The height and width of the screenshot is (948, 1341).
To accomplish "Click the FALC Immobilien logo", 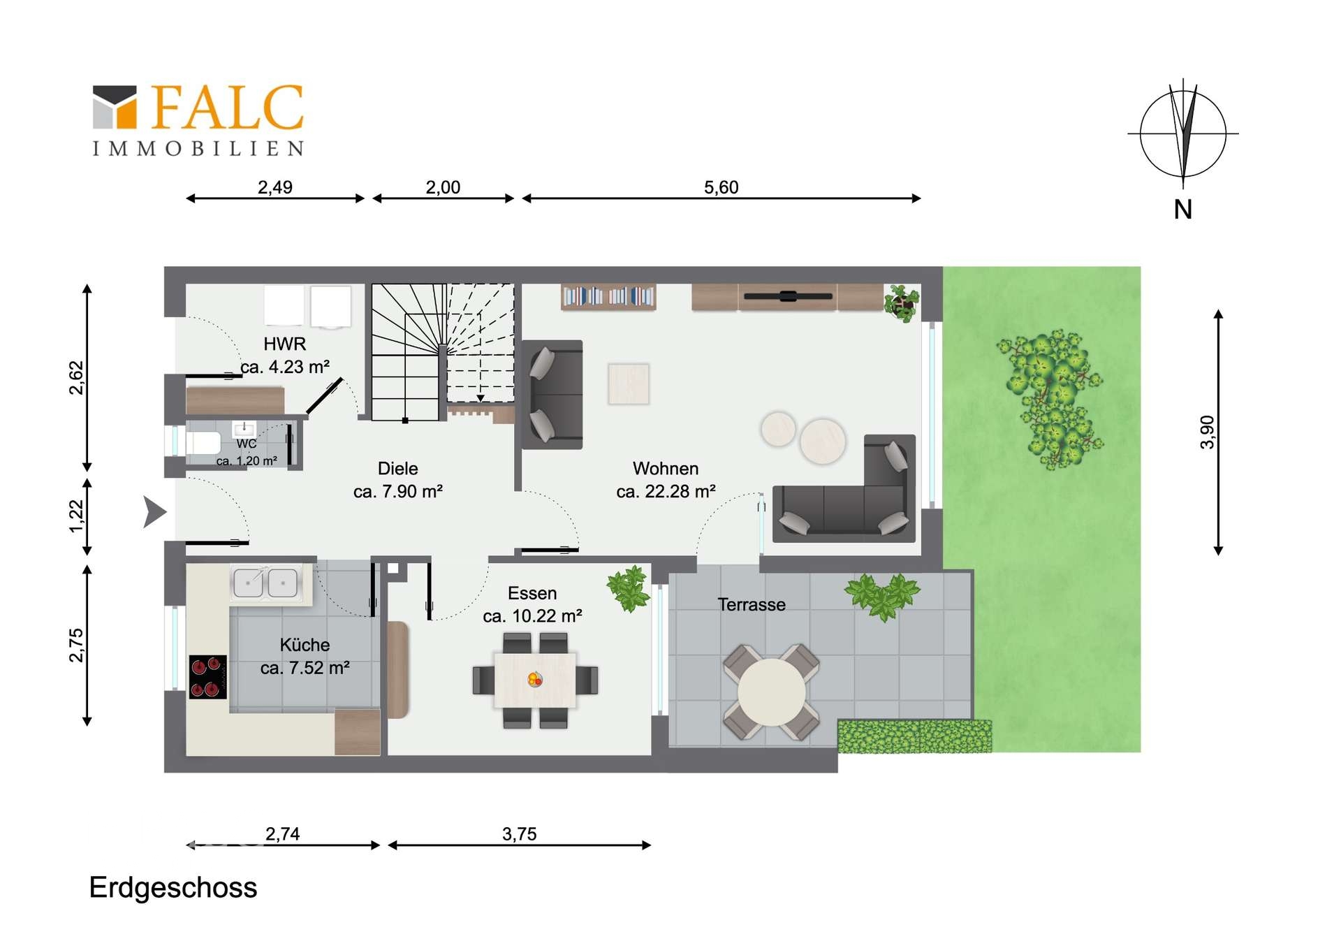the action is click(198, 119).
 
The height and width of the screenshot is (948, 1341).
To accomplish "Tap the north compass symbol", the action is click(1182, 134).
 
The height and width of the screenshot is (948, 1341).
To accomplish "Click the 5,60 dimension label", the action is click(721, 187).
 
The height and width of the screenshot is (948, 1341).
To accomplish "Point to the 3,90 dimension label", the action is click(1207, 432).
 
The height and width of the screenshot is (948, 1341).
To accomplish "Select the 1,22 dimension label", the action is click(76, 516).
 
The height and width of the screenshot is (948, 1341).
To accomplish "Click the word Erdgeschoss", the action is click(173, 888).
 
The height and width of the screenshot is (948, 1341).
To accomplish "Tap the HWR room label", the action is click(285, 344).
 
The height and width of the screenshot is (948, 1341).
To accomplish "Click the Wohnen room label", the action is click(666, 468).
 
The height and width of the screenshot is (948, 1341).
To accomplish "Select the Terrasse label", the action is click(752, 604).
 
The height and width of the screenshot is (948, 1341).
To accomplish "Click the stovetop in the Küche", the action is click(208, 677).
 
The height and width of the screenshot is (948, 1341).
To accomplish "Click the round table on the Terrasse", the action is click(771, 692).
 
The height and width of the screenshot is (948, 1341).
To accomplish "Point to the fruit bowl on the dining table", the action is click(535, 678).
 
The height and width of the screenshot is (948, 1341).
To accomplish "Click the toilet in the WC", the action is click(203, 443).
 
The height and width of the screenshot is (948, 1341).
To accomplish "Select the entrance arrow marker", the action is click(154, 512).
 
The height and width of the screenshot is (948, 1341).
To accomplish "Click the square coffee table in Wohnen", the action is click(629, 384).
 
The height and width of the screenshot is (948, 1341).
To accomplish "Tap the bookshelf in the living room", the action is click(608, 297).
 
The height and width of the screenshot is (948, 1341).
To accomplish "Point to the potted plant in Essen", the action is click(629, 588).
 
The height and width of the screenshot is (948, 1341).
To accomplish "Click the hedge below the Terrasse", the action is click(914, 736).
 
